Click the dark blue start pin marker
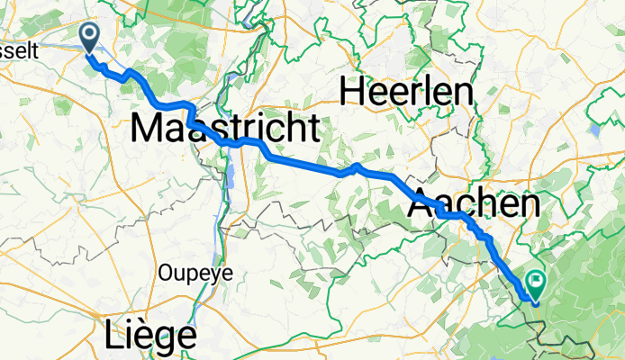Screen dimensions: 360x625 [91, 36]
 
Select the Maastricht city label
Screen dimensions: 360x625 [225, 128]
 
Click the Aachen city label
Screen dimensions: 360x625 [475, 204]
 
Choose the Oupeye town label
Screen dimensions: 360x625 [189, 271]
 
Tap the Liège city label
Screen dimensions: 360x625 [150, 336]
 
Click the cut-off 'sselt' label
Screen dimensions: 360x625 [19, 52]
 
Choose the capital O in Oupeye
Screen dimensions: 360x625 [165, 271]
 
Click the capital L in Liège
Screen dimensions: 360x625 [112, 336]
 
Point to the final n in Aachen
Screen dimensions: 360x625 [530, 205]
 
